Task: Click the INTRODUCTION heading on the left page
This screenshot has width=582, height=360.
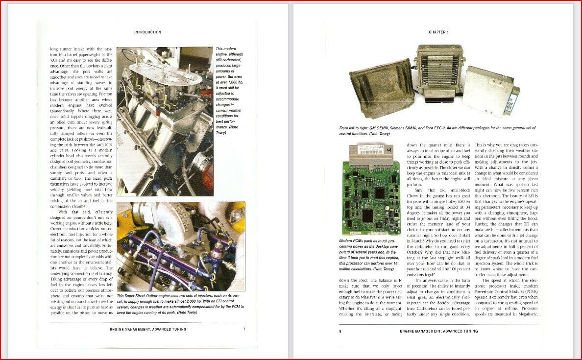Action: (147, 32)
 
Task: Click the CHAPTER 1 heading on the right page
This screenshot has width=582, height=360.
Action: (438, 32)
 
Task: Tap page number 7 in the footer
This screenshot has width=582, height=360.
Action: (244, 329)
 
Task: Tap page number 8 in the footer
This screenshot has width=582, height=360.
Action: (339, 331)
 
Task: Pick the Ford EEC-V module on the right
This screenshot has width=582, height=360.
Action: (491, 91)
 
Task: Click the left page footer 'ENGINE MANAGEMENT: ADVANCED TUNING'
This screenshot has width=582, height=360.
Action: (148, 329)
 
